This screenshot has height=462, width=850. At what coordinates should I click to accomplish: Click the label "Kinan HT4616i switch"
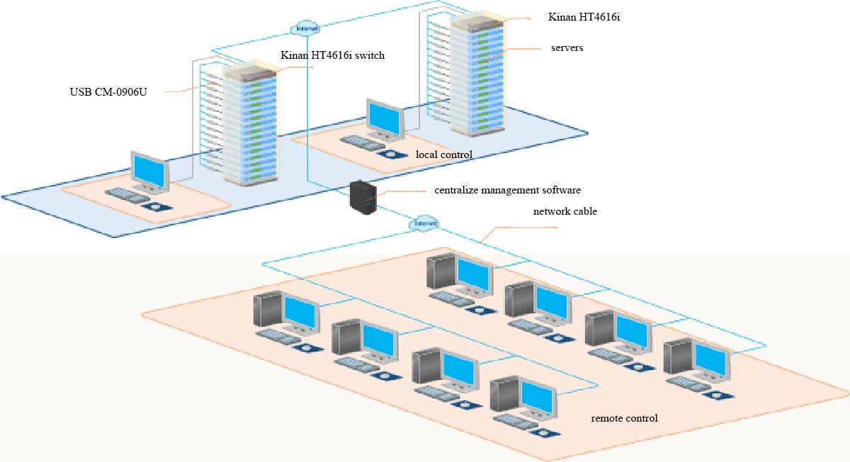pos(332,55)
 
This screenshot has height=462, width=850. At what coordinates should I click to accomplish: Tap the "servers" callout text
pos(566,48)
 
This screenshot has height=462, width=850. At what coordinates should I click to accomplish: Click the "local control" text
pos(443,154)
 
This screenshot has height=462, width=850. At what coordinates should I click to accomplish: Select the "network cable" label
pos(565,211)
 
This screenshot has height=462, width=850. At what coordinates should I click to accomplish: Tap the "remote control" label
pos(624,418)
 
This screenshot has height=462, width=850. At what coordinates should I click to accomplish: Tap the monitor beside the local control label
pos(385,118)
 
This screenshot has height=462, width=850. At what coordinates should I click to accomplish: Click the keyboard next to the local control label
pos(362,143)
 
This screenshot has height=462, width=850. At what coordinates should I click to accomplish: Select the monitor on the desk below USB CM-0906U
pos(150,170)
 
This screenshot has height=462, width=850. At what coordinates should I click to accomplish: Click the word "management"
pos(513,191)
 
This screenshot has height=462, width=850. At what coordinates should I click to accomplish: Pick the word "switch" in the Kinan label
pos(370,55)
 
